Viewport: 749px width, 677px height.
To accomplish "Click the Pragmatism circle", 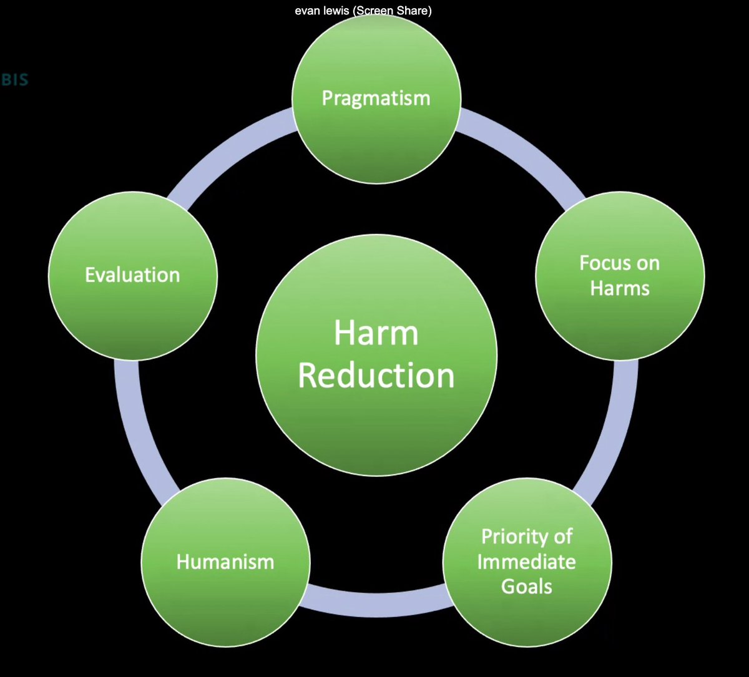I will coord(376,99).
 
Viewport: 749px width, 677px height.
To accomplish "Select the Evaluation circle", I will coord(132,275).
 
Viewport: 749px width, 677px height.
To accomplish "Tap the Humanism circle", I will coord(225,562).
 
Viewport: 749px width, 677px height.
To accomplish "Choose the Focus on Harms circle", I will coord(620,275).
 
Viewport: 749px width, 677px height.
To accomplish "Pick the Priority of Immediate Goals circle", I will coord(527,562).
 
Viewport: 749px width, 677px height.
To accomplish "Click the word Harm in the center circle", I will coord(376,333).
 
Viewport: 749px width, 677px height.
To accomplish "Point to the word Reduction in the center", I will coord(376,376).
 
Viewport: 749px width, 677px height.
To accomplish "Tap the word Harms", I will coord(620,288).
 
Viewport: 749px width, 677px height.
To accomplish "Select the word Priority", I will coord(527,536).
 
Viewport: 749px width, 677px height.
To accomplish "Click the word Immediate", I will coord(527,562).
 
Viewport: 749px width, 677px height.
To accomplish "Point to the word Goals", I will coord(527,587).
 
